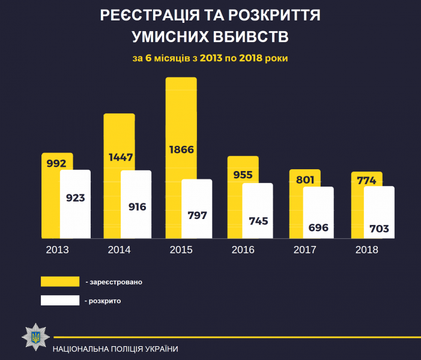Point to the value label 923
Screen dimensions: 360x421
coord(75,197)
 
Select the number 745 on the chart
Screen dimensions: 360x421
coord(258,220)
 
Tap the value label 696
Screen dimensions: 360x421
coord(318,227)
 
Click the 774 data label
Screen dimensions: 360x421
coord(366,179)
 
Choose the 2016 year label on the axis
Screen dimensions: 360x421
coord(243,250)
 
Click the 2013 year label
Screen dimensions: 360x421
coord(57,250)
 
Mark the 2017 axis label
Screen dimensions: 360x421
coord(304,250)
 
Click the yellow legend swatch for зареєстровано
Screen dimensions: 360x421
coord(60,281)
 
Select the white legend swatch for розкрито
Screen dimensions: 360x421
coord(60,300)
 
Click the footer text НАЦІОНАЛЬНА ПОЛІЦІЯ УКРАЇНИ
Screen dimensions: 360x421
coord(115,349)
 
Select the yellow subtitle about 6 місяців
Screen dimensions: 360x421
coord(210,59)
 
